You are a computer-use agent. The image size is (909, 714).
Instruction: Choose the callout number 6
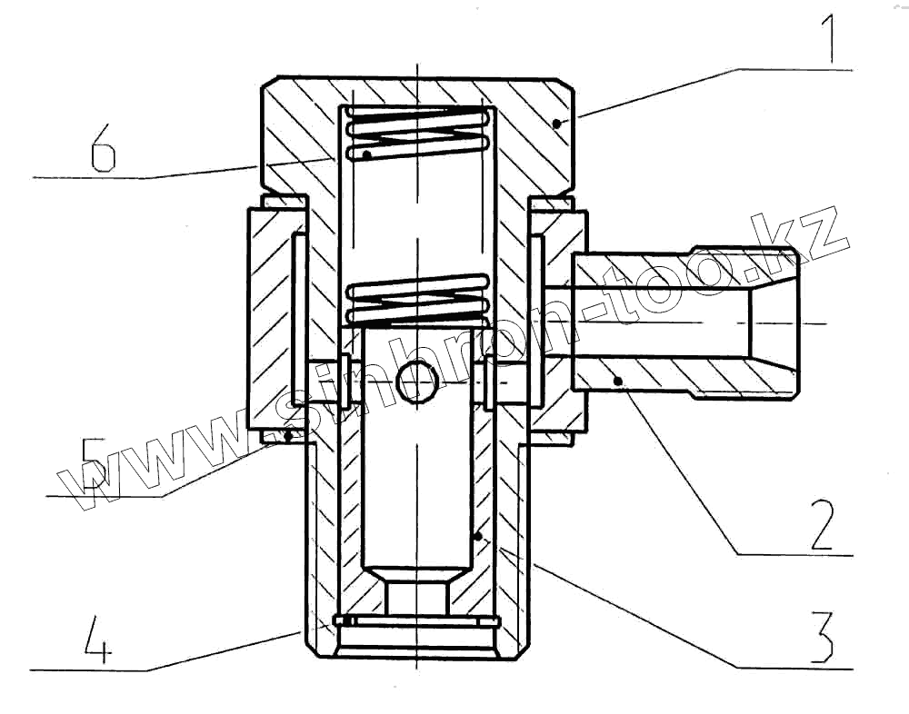(x=103, y=150)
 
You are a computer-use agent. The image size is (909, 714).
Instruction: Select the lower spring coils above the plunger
(x=418, y=301)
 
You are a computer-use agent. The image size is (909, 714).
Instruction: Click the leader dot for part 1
(x=559, y=122)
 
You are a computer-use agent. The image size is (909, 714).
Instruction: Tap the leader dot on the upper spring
(x=366, y=155)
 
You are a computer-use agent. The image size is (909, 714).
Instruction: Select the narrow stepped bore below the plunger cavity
(x=416, y=597)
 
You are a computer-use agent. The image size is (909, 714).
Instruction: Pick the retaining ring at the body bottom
(x=416, y=621)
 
